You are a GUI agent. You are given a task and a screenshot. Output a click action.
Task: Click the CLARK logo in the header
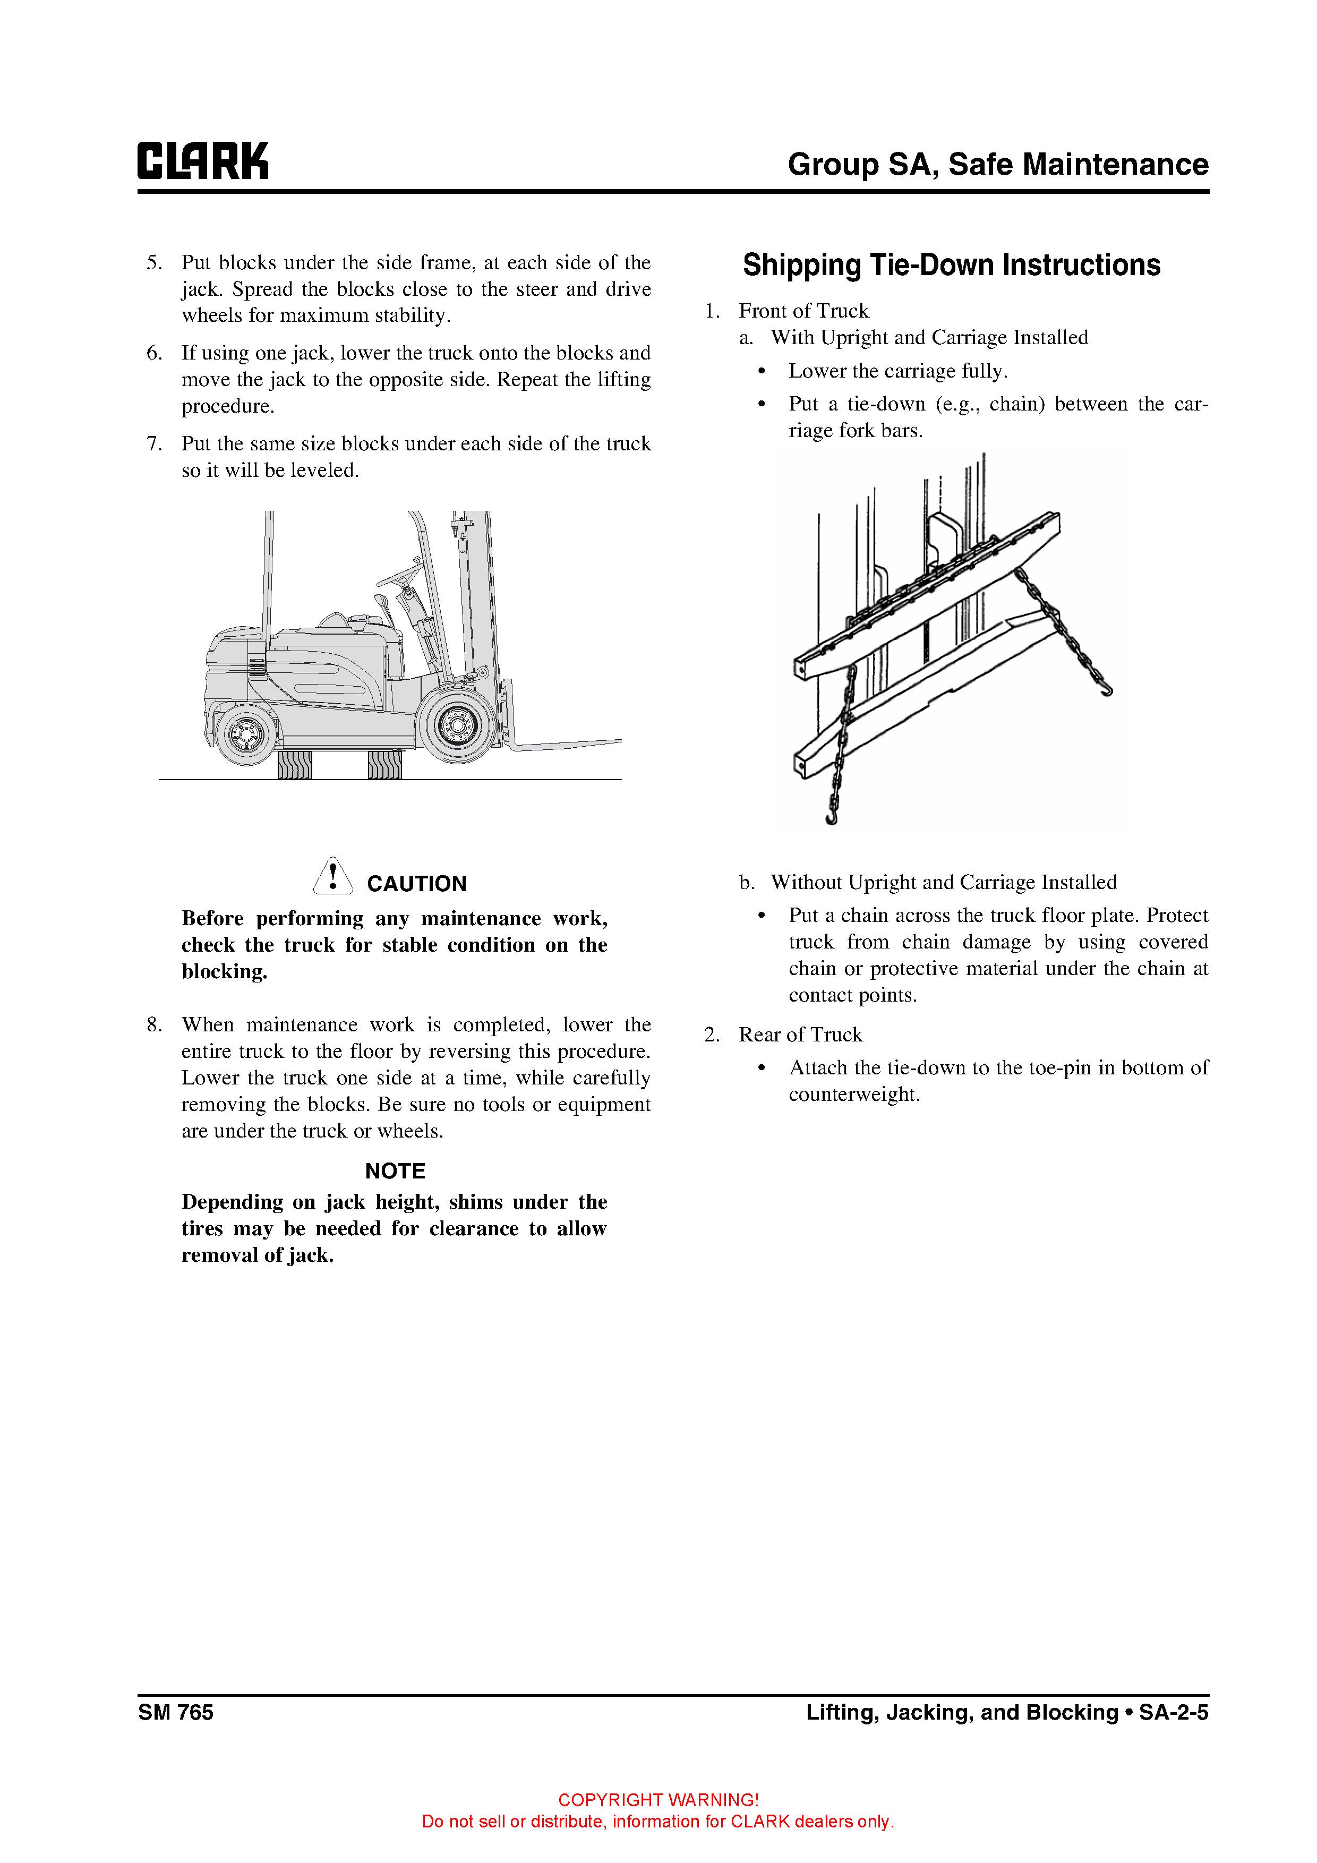click(203, 161)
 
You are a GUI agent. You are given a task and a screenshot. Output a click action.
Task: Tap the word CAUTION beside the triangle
click(416, 884)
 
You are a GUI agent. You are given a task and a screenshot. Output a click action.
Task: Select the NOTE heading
click(395, 1171)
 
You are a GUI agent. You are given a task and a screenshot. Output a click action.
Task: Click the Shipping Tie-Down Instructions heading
click(951, 266)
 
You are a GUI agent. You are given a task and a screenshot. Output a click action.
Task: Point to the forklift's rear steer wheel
click(243, 734)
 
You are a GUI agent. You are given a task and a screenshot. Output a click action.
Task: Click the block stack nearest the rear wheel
click(295, 764)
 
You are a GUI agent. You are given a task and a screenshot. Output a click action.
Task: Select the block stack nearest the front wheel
click(384, 764)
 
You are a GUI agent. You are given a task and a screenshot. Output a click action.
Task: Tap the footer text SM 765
click(175, 1712)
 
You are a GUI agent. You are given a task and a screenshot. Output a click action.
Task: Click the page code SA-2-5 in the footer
click(1174, 1712)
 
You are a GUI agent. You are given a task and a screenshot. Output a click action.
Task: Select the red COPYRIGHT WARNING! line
click(658, 1800)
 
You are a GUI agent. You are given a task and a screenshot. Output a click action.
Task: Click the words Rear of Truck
click(800, 1035)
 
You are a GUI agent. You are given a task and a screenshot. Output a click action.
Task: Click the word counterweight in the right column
click(853, 1095)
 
